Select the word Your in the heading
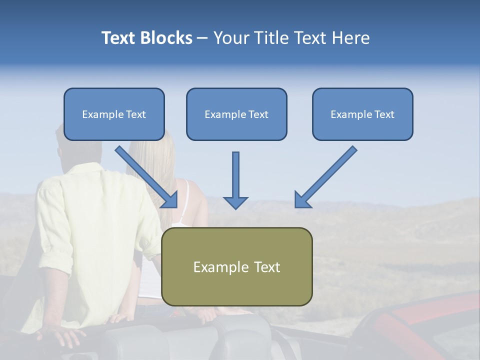[x=230, y=38]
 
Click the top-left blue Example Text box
[x=114, y=114]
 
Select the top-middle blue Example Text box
[x=236, y=114]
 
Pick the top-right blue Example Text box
[x=362, y=114]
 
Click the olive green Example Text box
[x=236, y=267]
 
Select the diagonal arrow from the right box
[x=328, y=175]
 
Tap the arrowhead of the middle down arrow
[x=235, y=202]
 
